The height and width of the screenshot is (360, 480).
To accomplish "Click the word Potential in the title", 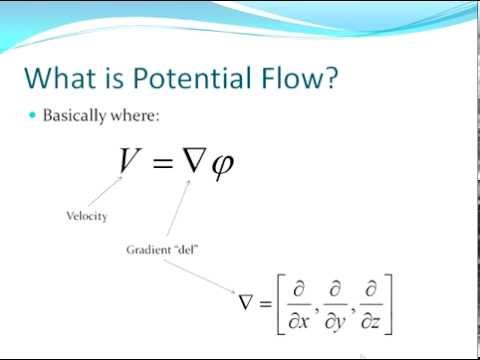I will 179,77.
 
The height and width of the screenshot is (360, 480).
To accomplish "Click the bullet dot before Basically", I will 33,116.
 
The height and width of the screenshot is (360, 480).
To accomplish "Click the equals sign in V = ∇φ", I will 164,161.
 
